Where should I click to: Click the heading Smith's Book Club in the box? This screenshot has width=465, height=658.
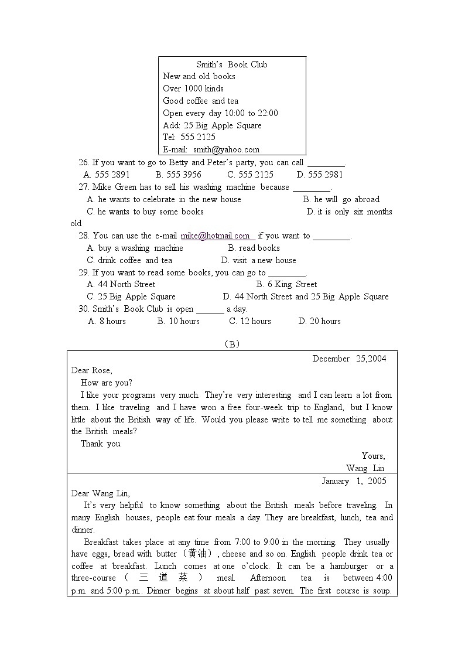point(232,64)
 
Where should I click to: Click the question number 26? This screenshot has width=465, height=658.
point(84,163)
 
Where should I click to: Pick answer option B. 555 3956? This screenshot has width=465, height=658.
point(179,175)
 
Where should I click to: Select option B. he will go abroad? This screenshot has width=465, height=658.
point(341,199)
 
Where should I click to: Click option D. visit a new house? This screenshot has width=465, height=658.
point(259,261)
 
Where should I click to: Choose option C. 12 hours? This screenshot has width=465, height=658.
point(250,321)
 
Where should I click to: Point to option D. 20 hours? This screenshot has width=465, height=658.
point(319,321)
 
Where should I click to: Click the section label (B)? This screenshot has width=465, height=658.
point(232,344)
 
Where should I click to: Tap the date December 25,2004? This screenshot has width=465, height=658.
point(349,359)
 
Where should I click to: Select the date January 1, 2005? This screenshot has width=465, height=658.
point(354,481)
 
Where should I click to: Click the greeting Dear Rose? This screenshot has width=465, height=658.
point(92,370)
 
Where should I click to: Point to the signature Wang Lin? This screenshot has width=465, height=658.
point(365,468)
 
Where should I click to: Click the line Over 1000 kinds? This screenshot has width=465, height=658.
point(193,88)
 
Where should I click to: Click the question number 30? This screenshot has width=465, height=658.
point(84,309)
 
